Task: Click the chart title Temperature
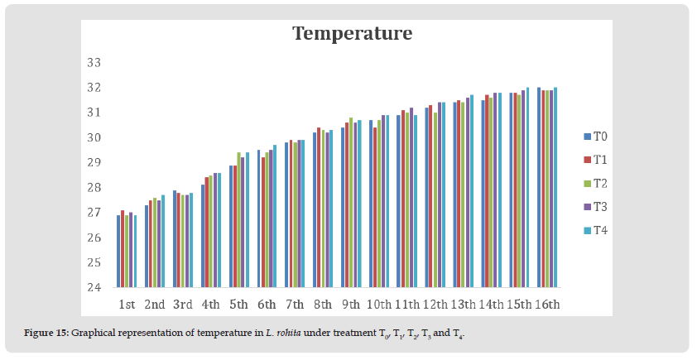click(x=352, y=34)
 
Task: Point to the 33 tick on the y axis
click(x=94, y=63)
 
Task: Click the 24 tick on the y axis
click(x=94, y=288)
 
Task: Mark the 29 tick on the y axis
click(x=94, y=163)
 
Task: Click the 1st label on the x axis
click(x=127, y=305)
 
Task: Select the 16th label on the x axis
click(x=547, y=305)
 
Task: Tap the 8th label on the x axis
click(x=323, y=305)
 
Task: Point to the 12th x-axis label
click(x=435, y=305)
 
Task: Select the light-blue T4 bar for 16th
click(x=555, y=187)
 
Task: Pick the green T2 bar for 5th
click(x=239, y=219)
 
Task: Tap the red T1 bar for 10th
click(x=375, y=207)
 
